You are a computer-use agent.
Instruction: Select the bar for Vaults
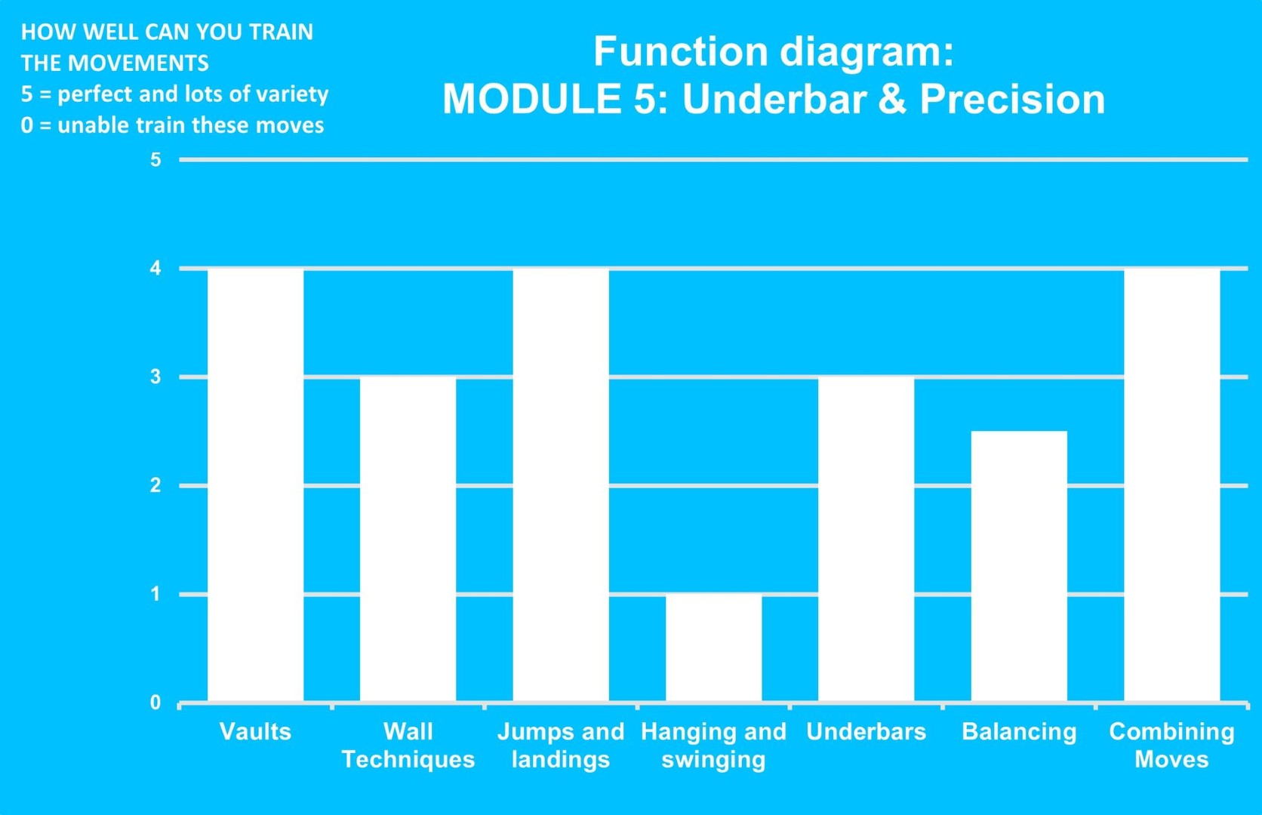pos(255,485)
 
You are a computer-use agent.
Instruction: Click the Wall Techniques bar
pos(408,539)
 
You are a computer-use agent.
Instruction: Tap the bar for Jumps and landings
pos(561,485)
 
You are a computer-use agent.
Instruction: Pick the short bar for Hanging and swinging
pos(713,647)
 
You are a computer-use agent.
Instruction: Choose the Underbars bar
pos(866,539)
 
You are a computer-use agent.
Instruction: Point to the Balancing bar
pos(1019,566)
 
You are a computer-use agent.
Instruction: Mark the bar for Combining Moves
pos(1172,485)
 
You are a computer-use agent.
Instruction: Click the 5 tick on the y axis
pos(155,160)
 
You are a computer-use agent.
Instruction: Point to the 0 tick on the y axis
pos(155,703)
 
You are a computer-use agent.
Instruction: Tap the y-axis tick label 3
pos(155,377)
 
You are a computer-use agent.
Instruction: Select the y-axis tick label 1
pos(155,594)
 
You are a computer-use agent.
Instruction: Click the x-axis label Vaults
pos(255,731)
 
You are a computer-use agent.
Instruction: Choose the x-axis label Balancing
pos(1019,732)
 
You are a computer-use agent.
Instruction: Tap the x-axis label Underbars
pos(866,731)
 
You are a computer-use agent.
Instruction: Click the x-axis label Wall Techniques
pos(408,745)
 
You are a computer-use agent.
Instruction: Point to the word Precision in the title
pos(1012,99)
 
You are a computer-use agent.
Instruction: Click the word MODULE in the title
pos(532,99)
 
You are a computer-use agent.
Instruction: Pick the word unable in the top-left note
pos(93,125)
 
